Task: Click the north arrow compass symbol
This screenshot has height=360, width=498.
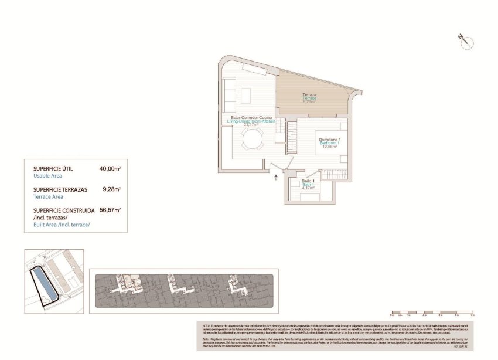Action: (466, 42)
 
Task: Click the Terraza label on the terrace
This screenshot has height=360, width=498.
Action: (309, 94)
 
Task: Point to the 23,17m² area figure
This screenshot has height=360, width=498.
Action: (251, 125)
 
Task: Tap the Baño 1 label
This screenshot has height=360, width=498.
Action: (308, 181)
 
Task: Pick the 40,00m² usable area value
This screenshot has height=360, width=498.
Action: (110, 169)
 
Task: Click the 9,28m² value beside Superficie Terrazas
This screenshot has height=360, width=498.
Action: (111, 189)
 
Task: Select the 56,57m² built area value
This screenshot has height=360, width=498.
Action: (110, 210)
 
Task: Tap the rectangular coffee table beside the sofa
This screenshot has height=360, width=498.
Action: (246, 94)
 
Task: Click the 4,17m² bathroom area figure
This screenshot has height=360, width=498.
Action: (308, 189)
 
